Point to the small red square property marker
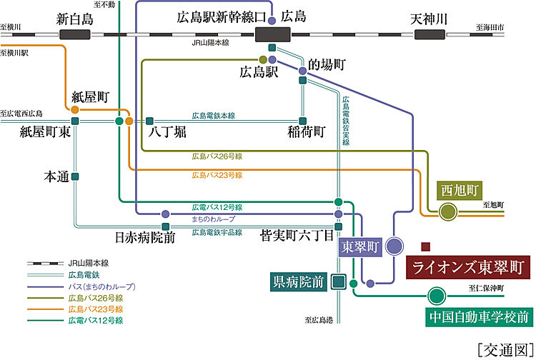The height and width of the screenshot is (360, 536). [425, 246]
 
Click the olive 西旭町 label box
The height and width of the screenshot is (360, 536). [458, 191]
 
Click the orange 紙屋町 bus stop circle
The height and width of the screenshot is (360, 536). [75, 111]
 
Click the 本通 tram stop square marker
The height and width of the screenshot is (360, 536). [75, 176]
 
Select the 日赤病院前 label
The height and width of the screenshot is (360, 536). [145, 236]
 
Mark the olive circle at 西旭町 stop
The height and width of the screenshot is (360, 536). [448, 211]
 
